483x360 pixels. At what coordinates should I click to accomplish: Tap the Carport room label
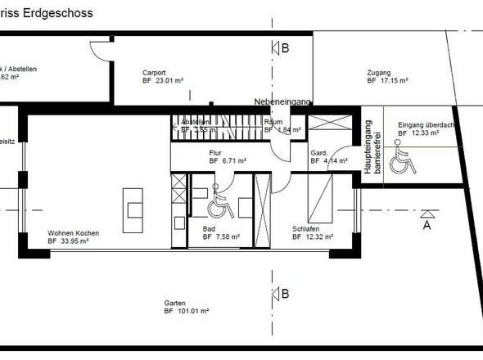pos(155,72)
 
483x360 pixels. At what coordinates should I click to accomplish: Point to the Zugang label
pos(379,72)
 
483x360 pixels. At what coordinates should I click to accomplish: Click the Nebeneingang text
pos(282,101)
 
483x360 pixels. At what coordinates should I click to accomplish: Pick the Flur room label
pos(216,153)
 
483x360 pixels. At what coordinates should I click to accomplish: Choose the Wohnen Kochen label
pos(73,233)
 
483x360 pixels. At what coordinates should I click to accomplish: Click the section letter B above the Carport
pos(285,48)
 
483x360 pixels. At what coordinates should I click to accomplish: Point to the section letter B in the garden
pos(285,294)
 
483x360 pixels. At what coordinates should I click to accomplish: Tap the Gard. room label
pos(318,153)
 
